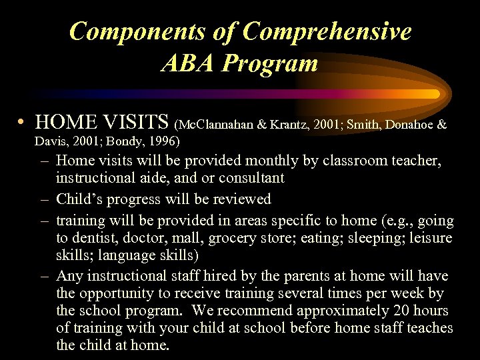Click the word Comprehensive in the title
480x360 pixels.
point(327,31)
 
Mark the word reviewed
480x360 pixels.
point(240,199)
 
